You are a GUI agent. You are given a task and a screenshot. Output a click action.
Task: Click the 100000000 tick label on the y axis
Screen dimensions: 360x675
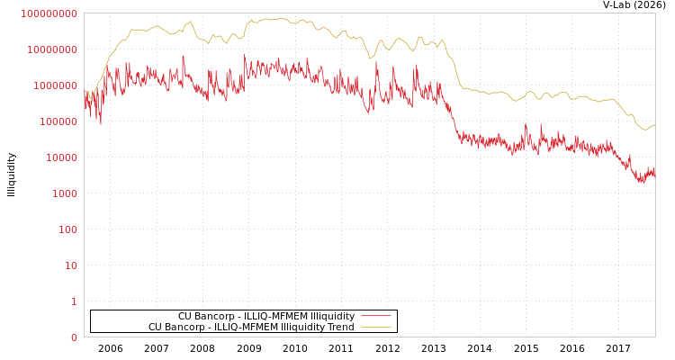tap(49, 13)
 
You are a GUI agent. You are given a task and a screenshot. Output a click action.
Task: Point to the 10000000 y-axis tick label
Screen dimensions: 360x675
tap(52, 49)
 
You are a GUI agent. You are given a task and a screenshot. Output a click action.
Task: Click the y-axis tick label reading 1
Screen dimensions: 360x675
tap(74, 301)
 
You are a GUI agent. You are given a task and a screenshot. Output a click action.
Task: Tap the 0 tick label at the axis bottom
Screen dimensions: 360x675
tap(74, 337)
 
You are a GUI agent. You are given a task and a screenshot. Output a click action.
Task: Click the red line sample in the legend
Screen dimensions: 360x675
tap(376, 316)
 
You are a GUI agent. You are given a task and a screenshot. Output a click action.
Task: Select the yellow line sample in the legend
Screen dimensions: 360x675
tap(376, 327)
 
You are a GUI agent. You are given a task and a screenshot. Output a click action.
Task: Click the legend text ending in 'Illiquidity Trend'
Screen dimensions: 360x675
tap(251, 327)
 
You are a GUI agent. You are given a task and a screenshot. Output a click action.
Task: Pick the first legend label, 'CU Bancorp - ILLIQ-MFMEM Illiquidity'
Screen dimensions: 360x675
tap(266, 316)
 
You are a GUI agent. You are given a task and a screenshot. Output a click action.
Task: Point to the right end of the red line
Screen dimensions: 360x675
tap(654, 174)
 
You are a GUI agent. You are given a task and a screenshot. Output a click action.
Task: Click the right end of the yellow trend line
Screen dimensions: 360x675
tap(654, 125)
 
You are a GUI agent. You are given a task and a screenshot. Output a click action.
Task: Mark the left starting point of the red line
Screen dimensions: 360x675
tap(85, 99)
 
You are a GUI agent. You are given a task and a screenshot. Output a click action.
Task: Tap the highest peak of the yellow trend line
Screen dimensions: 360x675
tap(281, 18)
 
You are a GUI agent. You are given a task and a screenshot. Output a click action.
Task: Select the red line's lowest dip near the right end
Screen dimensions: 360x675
tap(641, 183)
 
